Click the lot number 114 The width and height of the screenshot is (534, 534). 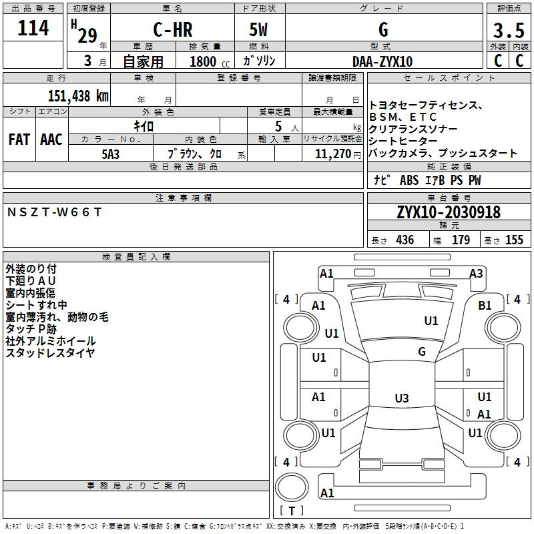tap(33, 27)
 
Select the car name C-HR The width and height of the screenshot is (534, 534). tap(173, 29)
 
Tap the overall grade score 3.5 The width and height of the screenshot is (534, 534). tap(509, 30)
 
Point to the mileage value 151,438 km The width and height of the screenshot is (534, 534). tap(78, 96)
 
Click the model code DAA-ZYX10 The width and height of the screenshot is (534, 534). tap(382, 61)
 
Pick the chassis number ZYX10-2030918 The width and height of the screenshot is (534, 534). tap(449, 212)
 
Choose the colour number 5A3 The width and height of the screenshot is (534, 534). tap(111, 154)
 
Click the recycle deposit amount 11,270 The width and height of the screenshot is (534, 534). tap(332, 154)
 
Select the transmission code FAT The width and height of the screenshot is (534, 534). tap(19, 140)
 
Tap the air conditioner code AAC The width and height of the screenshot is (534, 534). tap(51, 140)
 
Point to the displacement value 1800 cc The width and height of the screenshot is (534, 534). tap(210, 61)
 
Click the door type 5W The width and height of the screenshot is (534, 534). tap(258, 29)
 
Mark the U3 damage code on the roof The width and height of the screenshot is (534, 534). tap(402, 398)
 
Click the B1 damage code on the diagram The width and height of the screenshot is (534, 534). tap(485, 306)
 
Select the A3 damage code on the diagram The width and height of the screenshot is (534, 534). tap(476, 274)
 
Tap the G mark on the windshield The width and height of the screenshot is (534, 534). tap(422, 351)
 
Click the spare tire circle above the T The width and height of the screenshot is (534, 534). tap(292, 487)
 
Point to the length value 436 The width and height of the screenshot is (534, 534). tap(405, 240)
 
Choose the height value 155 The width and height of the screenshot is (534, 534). tap(514, 240)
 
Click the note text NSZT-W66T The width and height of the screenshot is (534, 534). tap(55, 212)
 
